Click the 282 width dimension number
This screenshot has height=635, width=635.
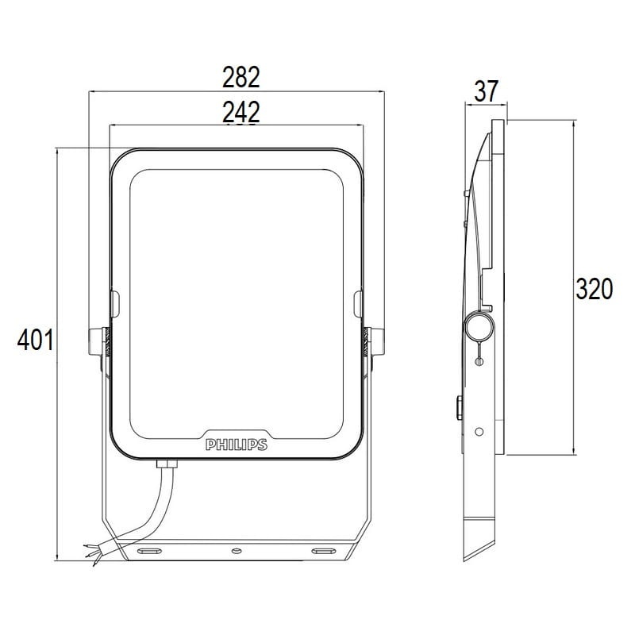241,77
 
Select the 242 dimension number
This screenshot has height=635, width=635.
241,112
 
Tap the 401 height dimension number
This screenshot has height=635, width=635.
35,340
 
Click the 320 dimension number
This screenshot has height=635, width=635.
595,289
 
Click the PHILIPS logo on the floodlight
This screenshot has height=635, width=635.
237,445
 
